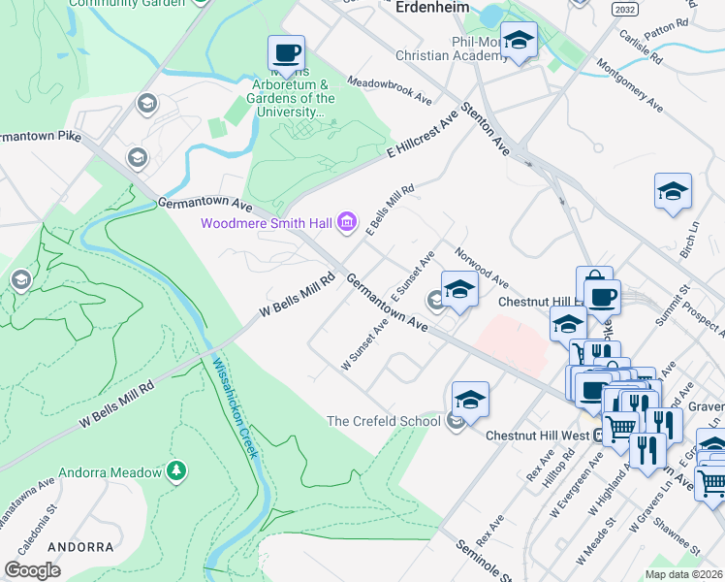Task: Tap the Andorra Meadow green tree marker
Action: (175, 472)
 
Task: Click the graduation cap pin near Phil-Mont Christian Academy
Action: (520, 41)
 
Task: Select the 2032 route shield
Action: (625, 8)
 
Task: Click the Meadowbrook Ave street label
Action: (389, 91)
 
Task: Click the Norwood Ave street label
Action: (483, 271)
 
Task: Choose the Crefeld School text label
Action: (383, 421)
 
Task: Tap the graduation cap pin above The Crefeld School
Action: (470, 398)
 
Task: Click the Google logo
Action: (32, 570)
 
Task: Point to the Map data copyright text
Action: (682, 574)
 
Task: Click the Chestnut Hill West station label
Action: (537, 436)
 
